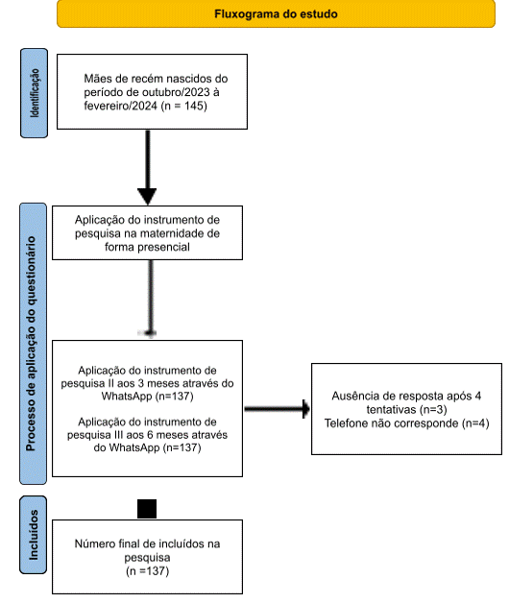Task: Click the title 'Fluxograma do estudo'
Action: pyautogui.click(x=276, y=14)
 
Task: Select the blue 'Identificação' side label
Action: pyautogui.click(x=35, y=93)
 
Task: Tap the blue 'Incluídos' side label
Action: pyautogui.click(x=34, y=535)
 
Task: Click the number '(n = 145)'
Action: pyautogui.click(x=184, y=106)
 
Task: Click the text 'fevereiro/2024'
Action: pyautogui.click(x=120, y=106)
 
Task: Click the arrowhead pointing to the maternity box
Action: pyautogui.click(x=147, y=196)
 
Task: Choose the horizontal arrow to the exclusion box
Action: pyautogui.click(x=277, y=409)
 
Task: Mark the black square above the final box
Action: pyautogui.click(x=147, y=509)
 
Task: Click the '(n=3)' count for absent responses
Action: pyautogui.click(x=433, y=410)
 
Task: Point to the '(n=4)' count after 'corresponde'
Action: pyautogui.click(x=475, y=423)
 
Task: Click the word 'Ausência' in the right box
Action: pyautogui.click(x=351, y=397)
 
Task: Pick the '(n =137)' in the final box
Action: pyautogui.click(x=147, y=571)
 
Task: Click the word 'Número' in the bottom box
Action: pyautogui.click(x=92, y=543)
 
